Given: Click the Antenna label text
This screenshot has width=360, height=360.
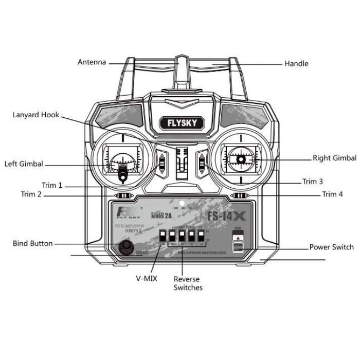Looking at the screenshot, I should pyautogui.click(x=92, y=62).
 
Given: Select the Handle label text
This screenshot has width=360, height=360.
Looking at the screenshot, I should pyautogui.click(x=296, y=64).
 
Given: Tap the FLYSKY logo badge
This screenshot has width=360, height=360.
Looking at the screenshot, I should pyautogui.click(x=181, y=123).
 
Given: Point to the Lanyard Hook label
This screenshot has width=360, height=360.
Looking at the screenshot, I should pyautogui.click(x=36, y=115).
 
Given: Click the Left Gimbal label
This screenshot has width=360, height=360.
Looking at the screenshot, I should pyautogui.click(x=24, y=164).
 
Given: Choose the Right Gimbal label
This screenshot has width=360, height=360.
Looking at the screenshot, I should pyautogui.click(x=334, y=158).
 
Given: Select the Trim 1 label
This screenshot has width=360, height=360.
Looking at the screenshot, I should pyautogui.click(x=52, y=185).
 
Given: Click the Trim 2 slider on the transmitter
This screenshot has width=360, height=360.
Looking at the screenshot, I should pyautogui.click(x=123, y=196).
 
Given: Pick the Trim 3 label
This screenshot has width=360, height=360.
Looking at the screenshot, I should pyautogui.click(x=313, y=182).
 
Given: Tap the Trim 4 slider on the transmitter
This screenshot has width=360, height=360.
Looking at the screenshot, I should pyautogui.click(x=239, y=195).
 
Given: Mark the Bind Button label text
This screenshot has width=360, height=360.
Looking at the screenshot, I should pyautogui.click(x=33, y=243).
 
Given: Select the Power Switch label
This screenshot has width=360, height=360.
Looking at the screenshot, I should pyautogui.click(x=331, y=247).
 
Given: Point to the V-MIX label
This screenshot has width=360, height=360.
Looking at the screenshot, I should pyautogui.click(x=147, y=278).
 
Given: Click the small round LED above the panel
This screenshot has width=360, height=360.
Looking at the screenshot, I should pyautogui.click(x=181, y=204).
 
